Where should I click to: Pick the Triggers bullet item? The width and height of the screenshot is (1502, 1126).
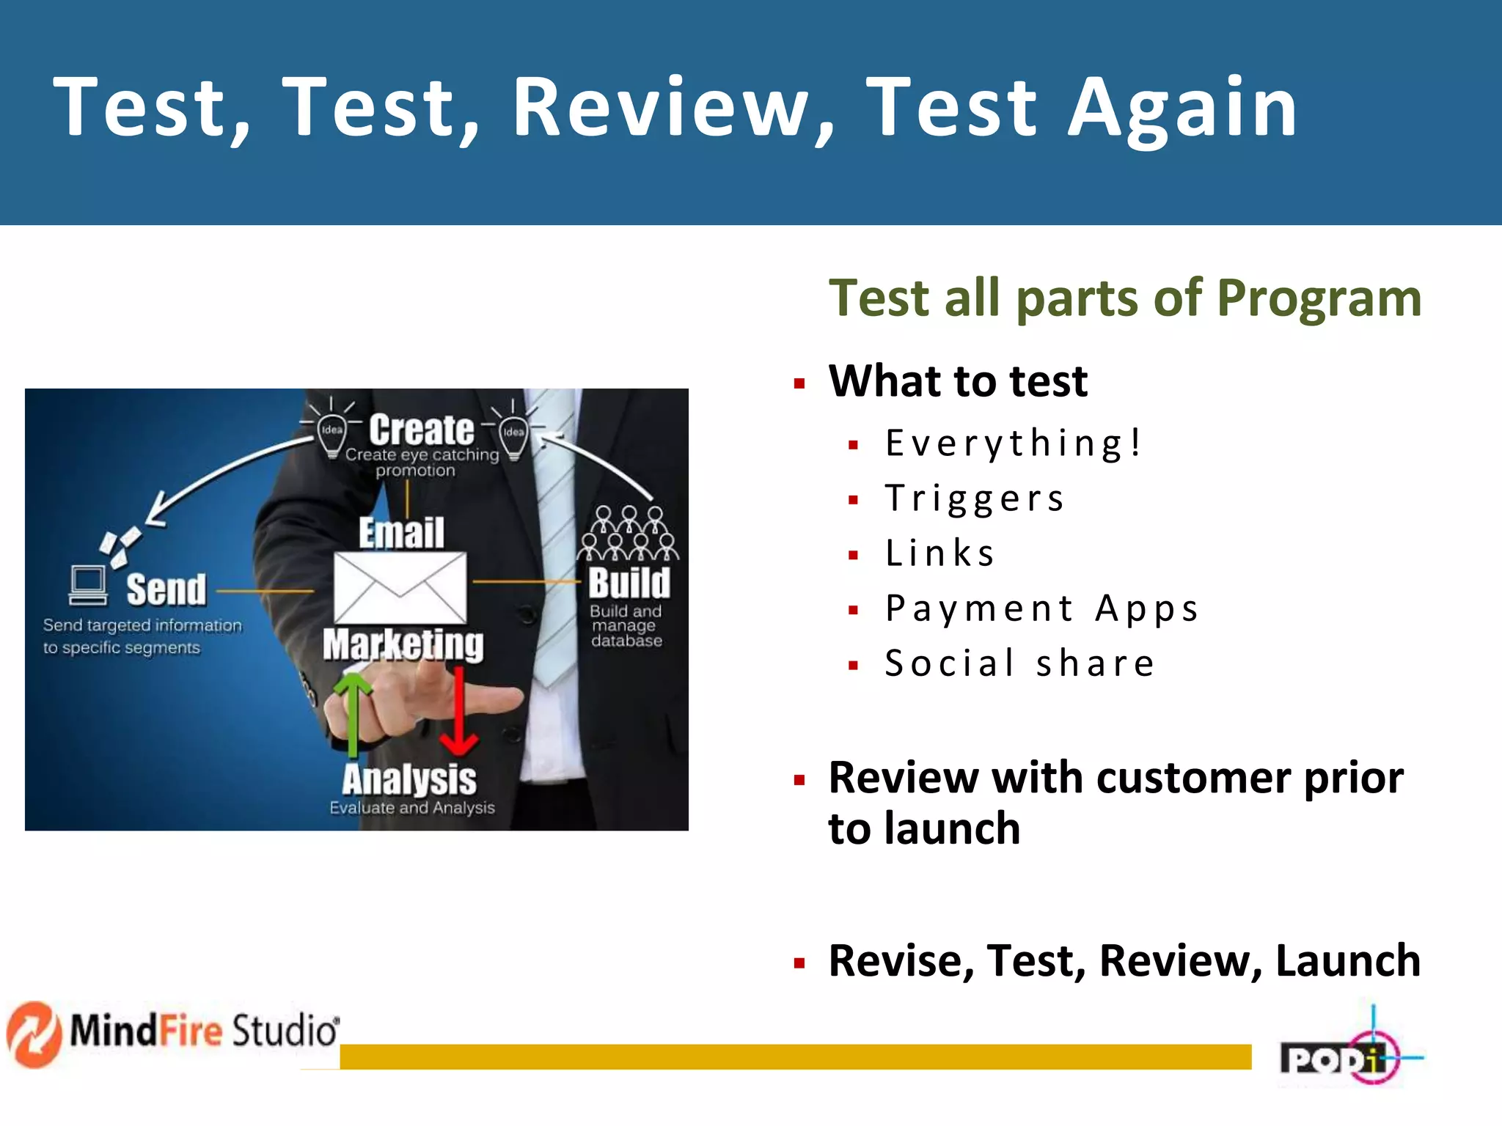click(x=974, y=498)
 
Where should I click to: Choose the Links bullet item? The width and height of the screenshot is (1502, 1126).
click(x=940, y=553)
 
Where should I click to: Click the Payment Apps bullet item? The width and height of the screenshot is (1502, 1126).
click(x=1042, y=608)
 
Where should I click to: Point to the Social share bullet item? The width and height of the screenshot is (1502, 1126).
click(x=1020, y=663)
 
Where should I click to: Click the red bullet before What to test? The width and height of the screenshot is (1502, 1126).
click(x=799, y=383)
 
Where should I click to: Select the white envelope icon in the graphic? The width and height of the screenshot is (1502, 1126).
click(x=400, y=587)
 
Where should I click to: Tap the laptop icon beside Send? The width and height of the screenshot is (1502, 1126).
click(x=88, y=585)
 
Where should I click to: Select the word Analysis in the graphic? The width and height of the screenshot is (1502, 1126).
click(x=409, y=779)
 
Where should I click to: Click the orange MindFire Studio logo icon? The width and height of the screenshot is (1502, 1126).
click(x=33, y=1034)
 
